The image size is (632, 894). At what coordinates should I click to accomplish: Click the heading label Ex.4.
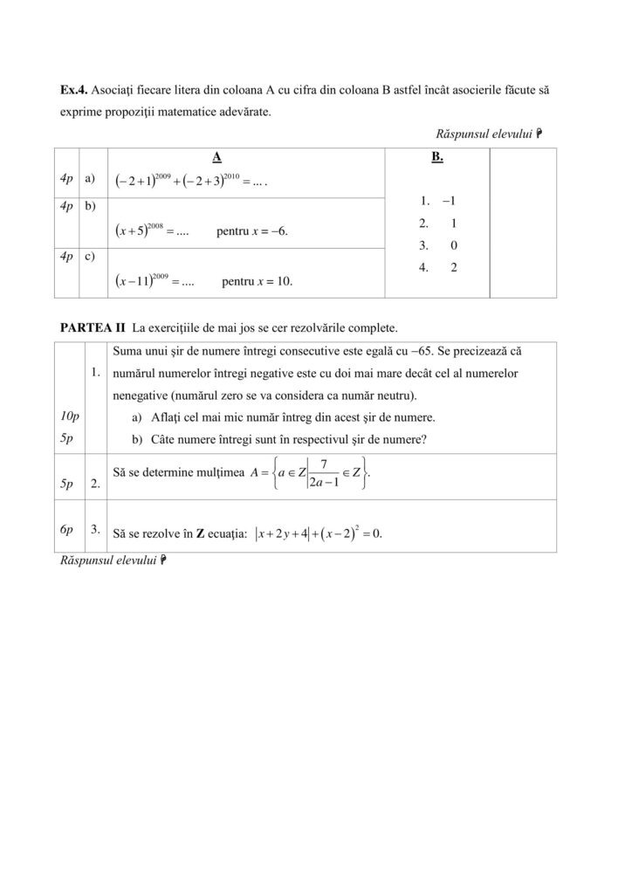[72, 90]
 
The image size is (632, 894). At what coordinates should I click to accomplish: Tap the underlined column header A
[216, 157]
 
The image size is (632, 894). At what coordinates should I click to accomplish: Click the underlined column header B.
[437, 157]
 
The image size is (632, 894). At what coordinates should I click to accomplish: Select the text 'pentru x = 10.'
[258, 282]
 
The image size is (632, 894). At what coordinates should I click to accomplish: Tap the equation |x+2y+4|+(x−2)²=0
[318, 533]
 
